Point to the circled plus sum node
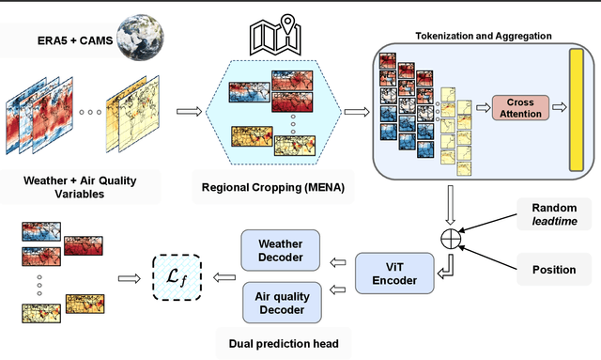coord(451,239)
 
